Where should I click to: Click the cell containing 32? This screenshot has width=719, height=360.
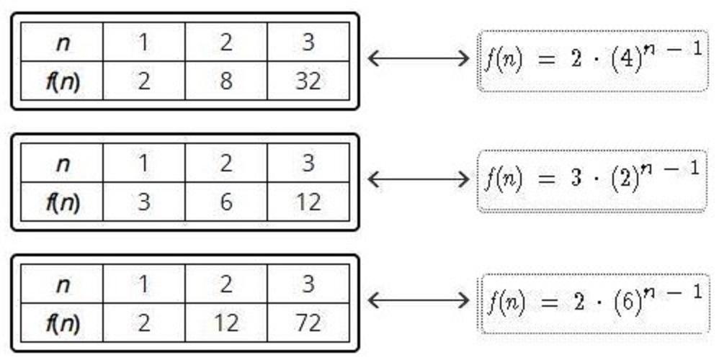coord(308,81)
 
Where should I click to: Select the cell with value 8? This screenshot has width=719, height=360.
coord(226,81)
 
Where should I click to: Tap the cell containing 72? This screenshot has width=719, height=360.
coord(308,323)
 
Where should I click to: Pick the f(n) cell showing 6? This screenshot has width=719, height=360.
coord(226,202)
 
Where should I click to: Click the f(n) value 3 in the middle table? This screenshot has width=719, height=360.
coord(144,202)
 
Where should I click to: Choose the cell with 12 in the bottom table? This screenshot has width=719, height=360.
coord(226,323)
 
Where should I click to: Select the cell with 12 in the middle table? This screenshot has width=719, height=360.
coord(308,202)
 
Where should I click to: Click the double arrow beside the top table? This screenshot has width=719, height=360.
coord(418,58)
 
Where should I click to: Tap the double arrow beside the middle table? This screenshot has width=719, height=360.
coord(418,179)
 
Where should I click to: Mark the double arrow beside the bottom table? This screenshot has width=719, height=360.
coord(418,299)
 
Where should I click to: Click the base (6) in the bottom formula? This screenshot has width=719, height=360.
coord(628,302)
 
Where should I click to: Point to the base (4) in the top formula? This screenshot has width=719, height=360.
coord(628,61)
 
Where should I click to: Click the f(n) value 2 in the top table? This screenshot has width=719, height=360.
coord(144,81)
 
